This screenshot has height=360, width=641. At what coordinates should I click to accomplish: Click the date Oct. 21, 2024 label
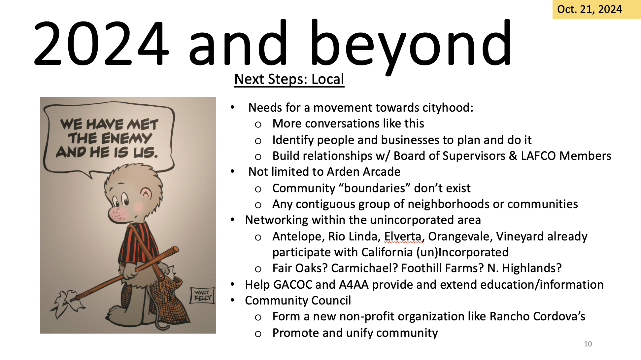(590, 9)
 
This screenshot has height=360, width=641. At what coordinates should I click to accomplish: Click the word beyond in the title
(410, 46)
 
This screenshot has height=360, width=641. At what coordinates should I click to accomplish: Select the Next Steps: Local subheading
(289, 79)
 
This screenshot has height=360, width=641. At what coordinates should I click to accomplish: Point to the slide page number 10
(588, 344)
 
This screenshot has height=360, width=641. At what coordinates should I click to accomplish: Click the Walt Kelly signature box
(202, 295)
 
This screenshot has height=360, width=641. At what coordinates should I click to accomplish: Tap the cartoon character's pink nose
(118, 215)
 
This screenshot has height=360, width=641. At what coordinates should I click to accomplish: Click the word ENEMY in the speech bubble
(127, 138)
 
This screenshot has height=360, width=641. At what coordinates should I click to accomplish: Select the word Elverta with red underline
(403, 236)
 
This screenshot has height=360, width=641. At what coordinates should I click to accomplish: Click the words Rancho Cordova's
(537, 316)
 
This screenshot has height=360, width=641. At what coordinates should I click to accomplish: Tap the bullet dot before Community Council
(233, 300)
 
